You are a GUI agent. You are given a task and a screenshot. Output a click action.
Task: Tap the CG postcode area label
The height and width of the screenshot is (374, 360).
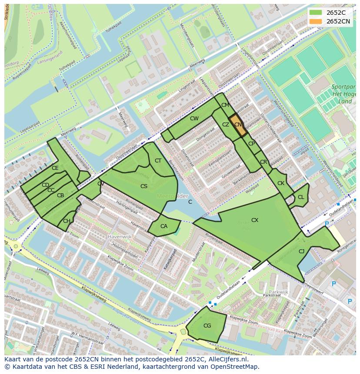(207, 326)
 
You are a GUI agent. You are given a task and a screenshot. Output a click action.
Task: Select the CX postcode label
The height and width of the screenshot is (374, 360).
(255, 220)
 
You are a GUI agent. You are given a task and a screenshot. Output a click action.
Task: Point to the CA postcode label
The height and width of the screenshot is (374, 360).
(164, 226)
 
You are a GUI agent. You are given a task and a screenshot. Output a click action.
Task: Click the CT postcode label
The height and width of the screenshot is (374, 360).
(158, 161)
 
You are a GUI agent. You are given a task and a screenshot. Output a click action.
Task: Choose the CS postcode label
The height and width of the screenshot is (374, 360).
(144, 186)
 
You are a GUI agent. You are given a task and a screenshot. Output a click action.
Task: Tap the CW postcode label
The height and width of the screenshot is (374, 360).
(194, 119)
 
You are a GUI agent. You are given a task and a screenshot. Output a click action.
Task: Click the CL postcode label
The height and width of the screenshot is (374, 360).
(301, 197)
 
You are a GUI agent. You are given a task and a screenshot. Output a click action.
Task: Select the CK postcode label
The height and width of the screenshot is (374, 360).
(281, 183)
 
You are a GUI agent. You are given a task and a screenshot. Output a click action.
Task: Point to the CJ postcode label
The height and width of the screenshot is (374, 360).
(301, 251)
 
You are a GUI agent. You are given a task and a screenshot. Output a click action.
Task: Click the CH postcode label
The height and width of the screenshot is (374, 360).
(67, 221)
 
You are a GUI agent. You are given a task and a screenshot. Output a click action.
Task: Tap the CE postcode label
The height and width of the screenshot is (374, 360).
(55, 168)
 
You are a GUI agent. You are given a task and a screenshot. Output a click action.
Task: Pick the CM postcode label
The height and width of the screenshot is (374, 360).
(225, 105)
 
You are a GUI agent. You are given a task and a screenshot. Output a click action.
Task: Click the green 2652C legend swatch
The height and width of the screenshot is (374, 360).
(316, 12)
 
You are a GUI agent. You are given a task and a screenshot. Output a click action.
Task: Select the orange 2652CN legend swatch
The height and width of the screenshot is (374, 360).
(316, 21)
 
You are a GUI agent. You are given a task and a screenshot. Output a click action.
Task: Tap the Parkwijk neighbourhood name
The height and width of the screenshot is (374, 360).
(279, 292)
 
